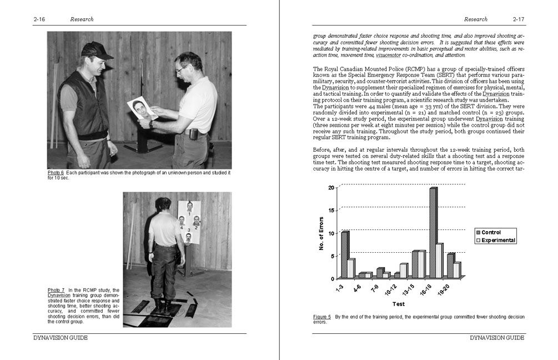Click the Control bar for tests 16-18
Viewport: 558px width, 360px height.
tap(433, 233)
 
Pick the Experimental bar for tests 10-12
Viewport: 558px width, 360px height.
tap(404, 271)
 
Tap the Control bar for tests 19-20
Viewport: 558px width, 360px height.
tap(450, 266)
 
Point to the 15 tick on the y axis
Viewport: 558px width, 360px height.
tap(332, 210)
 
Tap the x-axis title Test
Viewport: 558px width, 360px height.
tap(399, 304)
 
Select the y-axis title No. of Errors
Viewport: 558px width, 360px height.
tap(322, 233)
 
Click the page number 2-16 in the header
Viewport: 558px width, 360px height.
tap(39, 19)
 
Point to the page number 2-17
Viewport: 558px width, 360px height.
tap(519, 19)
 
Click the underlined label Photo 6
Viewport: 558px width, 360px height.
tap(56, 173)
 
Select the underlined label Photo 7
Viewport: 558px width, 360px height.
tap(56, 291)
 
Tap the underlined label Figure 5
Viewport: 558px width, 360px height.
tap(322, 317)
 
